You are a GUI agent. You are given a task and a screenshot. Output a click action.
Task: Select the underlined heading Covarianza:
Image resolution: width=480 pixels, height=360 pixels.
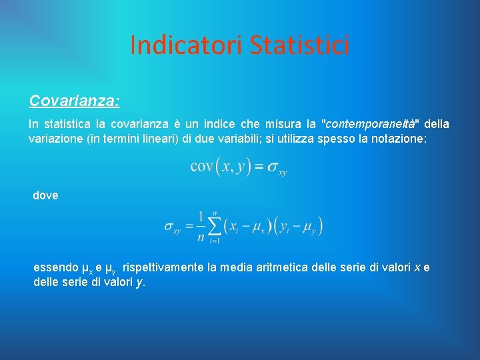(x=74, y=101)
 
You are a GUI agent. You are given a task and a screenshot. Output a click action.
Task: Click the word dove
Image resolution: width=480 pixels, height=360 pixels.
(x=45, y=195)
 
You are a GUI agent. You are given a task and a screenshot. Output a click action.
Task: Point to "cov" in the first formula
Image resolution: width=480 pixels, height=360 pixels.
(x=202, y=166)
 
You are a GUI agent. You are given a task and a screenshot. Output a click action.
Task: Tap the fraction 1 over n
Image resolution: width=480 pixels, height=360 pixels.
(x=200, y=227)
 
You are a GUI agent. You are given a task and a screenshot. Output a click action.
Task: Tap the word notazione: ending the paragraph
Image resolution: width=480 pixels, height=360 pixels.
(x=417, y=139)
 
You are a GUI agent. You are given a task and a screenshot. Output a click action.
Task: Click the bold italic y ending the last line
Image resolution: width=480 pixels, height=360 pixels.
(x=140, y=282)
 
